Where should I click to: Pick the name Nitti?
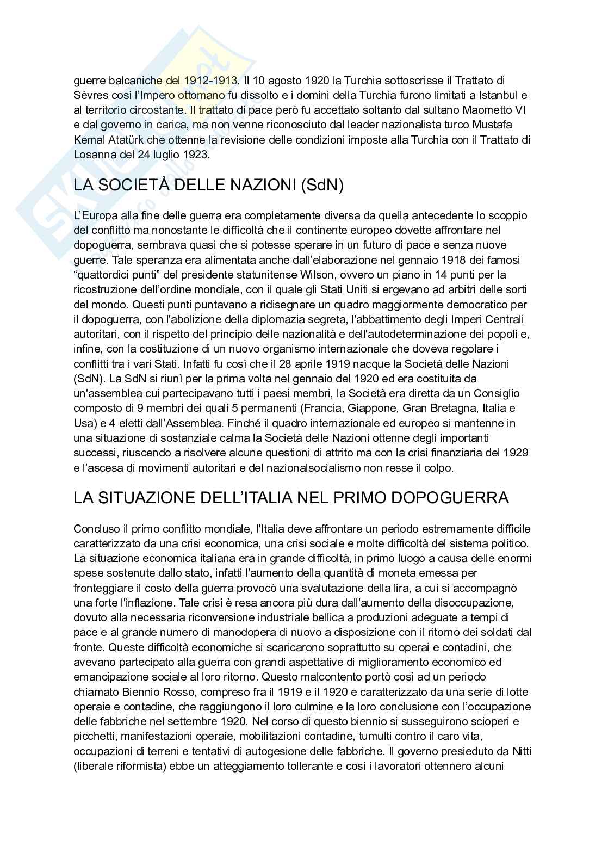(x=521, y=751)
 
